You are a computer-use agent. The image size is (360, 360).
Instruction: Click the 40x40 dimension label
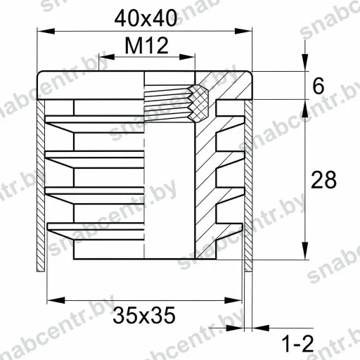[146, 18]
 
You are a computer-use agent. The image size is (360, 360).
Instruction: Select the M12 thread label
[146, 45]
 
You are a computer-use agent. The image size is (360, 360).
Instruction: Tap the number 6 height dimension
[319, 86]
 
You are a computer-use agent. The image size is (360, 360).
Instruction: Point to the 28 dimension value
[323, 180]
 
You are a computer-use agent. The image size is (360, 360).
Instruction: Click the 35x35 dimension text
[144, 315]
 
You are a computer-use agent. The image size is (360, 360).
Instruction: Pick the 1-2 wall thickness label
[297, 344]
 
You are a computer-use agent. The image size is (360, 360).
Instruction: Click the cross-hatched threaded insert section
[198, 103]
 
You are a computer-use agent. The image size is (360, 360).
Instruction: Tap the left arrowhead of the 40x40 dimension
[46, 31]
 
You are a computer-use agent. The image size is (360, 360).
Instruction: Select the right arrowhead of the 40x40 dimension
[243, 31]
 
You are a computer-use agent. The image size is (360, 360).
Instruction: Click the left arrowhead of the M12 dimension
[107, 57]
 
